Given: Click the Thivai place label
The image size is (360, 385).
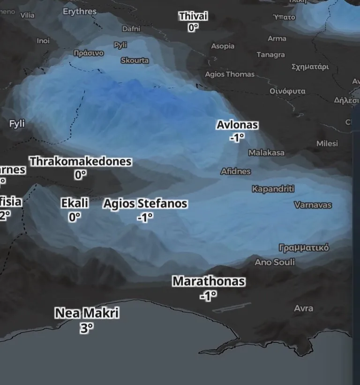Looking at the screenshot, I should [x=193, y=16].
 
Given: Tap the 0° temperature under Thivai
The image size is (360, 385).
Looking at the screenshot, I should [x=193, y=28].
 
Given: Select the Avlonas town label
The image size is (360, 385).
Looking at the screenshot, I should [x=237, y=125].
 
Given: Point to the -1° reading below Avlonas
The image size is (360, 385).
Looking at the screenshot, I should [x=237, y=138].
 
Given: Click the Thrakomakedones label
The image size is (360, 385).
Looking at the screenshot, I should [x=80, y=162].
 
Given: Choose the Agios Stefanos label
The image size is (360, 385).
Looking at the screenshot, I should [x=145, y=204].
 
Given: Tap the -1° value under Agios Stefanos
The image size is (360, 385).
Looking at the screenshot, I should [x=145, y=218].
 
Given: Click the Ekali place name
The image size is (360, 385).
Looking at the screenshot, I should [x=75, y=204].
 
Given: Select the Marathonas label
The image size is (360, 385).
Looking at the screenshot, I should [x=209, y=281].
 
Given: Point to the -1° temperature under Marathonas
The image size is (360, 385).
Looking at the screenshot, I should [x=208, y=296].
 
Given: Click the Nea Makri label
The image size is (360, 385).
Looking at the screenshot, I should [x=87, y=313].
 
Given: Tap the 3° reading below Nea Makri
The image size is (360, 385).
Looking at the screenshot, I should [x=86, y=328].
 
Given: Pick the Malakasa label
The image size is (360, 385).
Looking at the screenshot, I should [x=266, y=153].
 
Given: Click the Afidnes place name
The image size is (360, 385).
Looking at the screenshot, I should [x=236, y=172].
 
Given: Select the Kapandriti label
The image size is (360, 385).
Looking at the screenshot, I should [x=273, y=189].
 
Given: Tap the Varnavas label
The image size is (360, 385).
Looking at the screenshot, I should [x=313, y=205].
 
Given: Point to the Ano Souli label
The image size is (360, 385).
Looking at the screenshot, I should [x=275, y=262].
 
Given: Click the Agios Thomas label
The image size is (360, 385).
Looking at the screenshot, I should [x=230, y=74].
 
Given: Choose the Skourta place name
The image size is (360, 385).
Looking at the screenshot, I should [x=135, y=60].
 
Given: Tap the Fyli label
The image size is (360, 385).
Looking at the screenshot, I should [x=17, y=124].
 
